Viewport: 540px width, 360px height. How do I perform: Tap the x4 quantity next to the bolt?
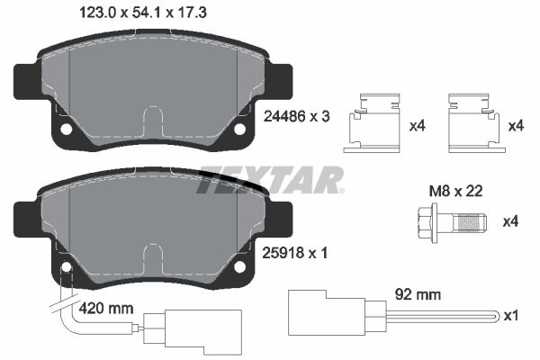pyautogui.click(x=510, y=221)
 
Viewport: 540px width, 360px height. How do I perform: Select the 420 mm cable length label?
pyautogui.click(x=106, y=308)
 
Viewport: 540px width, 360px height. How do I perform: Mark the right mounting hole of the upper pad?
pyautogui.click(x=240, y=129)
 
